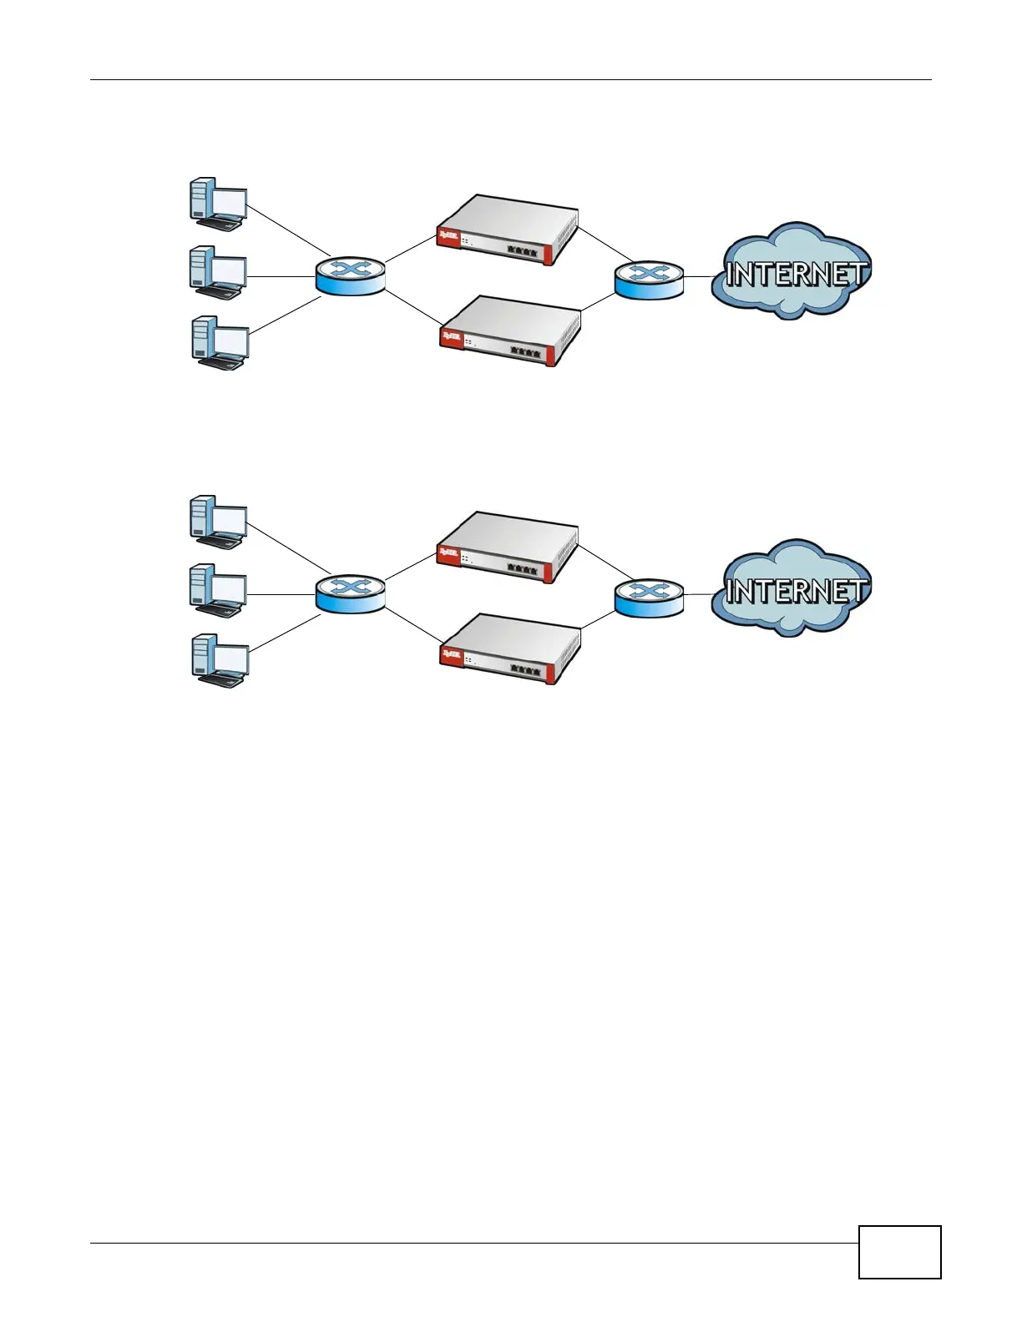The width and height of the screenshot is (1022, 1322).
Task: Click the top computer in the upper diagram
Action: tap(217, 203)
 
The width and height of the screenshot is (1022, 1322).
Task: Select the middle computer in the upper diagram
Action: tap(217, 272)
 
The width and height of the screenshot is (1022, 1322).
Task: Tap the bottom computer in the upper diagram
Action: tap(219, 342)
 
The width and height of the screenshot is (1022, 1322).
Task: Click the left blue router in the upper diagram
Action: tap(351, 275)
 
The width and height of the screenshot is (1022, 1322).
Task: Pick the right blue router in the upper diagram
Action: tap(649, 279)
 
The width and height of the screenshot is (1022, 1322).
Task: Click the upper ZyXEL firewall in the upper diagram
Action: tap(508, 230)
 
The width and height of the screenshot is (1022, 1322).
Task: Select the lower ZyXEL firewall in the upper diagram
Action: tap(510, 330)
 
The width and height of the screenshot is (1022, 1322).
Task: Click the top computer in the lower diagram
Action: tap(217, 522)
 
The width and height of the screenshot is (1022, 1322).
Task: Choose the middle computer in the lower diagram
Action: tap(217, 590)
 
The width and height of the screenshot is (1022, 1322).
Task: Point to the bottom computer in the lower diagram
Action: tap(219, 659)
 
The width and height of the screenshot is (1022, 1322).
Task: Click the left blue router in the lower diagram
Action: tap(351, 593)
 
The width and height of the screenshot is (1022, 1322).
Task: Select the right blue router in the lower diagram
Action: tap(649, 598)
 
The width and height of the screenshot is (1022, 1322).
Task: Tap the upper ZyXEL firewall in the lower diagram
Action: tap(508, 547)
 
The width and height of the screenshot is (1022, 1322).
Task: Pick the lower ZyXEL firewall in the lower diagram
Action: tap(510, 648)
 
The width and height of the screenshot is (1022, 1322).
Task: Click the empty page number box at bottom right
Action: tap(899, 1252)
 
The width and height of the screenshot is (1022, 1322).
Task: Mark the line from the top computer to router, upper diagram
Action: tap(288, 231)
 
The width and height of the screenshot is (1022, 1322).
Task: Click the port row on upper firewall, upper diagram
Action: tap(522, 250)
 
